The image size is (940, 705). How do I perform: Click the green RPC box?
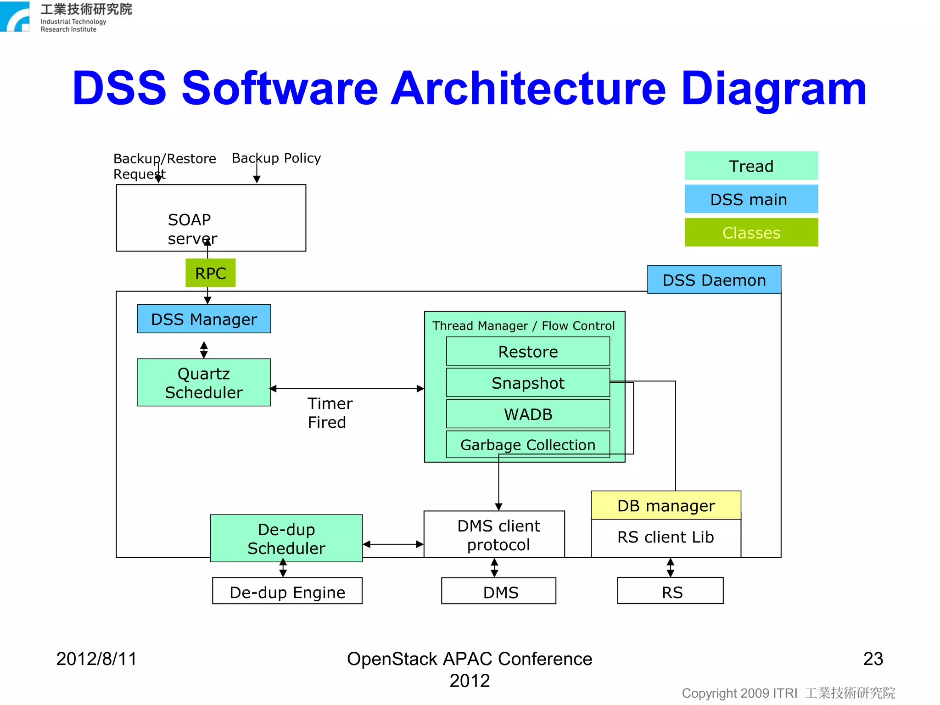210,273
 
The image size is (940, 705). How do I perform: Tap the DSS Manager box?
204,319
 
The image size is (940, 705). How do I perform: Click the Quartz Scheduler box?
204,382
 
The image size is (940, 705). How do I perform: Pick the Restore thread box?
528,351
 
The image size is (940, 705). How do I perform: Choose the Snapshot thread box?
528,382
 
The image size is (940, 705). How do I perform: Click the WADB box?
528,414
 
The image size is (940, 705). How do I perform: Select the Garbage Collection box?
528,444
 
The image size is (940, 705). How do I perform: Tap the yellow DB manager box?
666,505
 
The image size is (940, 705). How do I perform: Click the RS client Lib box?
666,537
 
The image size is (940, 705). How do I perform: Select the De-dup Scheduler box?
286,538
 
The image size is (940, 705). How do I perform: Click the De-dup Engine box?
287,591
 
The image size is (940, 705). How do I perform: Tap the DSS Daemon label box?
714,280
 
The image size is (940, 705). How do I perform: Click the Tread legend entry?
751,166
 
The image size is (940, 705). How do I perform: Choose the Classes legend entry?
751,232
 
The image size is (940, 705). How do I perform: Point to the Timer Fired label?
329,412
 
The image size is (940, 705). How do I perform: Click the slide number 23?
873,659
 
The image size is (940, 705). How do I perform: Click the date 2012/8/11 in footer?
96,659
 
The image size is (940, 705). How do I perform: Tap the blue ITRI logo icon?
15,17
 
